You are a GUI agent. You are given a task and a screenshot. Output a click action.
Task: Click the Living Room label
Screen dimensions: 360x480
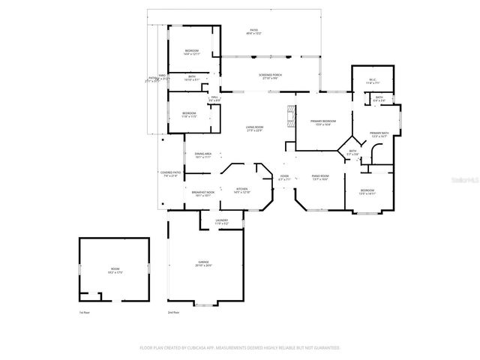(254, 129)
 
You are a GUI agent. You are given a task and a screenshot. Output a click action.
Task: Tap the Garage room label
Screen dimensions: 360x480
(204, 263)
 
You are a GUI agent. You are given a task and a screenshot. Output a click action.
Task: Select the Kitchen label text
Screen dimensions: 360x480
(241, 190)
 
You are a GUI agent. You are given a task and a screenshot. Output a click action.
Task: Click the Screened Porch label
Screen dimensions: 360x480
(270, 76)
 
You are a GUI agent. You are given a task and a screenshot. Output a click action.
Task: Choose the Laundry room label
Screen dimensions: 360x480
(223, 222)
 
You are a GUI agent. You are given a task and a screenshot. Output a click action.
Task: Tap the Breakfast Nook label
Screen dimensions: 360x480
(202, 193)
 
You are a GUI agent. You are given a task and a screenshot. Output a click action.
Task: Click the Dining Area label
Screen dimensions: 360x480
(202, 155)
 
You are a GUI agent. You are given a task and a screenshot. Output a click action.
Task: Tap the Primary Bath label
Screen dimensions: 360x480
(378, 135)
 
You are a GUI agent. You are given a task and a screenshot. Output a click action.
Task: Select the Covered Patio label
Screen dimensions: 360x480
(170, 174)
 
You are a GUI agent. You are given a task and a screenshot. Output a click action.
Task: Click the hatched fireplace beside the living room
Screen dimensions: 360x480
(289, 117)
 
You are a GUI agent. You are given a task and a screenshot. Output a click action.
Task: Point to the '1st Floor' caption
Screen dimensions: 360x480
(85, 312)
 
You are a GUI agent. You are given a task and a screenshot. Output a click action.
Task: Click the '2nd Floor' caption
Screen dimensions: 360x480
(173, 312)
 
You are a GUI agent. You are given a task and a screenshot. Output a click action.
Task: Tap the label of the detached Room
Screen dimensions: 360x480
(115, 271)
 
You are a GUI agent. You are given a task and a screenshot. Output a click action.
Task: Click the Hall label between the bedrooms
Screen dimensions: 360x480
(214, 98)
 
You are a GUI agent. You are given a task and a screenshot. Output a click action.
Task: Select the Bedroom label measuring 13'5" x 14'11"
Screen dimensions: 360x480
(367, 192)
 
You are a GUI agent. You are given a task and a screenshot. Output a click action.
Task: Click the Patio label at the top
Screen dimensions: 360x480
(253, 32)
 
